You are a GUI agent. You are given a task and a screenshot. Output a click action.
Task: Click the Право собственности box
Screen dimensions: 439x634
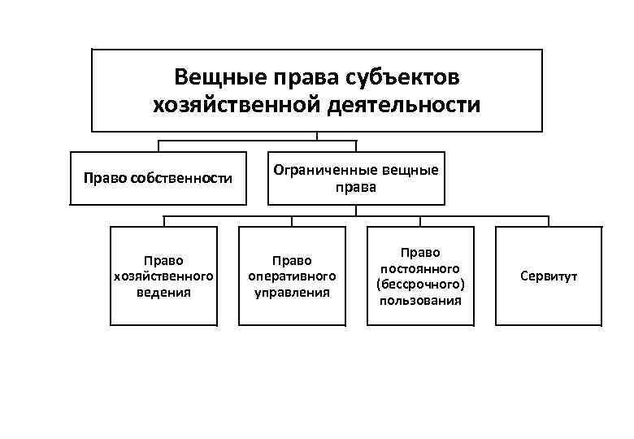pos(158,178)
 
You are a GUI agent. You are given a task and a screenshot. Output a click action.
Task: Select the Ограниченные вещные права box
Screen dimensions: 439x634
pos(356,178)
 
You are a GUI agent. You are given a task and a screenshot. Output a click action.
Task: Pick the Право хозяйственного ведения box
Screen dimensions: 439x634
pos(163,276)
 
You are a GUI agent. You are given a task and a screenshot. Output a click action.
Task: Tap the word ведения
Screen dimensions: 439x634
pos(163,292)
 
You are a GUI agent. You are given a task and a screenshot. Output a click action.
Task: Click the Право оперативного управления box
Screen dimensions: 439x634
pos(292,276)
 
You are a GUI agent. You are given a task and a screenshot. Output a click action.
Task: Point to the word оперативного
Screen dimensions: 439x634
pos(292,276)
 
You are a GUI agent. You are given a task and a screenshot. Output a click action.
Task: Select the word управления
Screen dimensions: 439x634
pos(292,292)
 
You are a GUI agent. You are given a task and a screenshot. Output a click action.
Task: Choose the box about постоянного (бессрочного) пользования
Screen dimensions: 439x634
pos(419,276)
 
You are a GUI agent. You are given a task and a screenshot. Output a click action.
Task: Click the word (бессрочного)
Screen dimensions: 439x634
pos(419,285)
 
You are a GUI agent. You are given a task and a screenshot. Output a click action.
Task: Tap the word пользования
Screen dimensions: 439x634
pos(419,300)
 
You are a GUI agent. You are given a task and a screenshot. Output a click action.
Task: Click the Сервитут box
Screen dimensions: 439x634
pos(549,276)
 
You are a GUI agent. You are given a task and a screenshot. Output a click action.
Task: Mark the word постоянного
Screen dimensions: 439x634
pos(419,268)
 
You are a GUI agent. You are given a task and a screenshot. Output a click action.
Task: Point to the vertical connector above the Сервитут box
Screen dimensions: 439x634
pos(549,222)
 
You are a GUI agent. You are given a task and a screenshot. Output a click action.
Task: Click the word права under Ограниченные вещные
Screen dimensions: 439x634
pos(356,187)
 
